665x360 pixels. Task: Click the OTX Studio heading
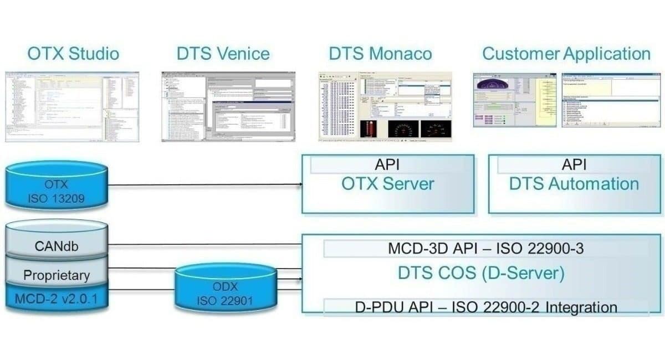pyautogui.click(x=73, y=54)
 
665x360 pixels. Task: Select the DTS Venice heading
pyautogui.click(x=223, y=54)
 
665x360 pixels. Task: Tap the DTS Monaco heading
pyautogui.click(x=380, y=54)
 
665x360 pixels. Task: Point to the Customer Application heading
pyautogui.click(x=566, y=54)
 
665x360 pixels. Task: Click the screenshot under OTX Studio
pyautogui.click(x=72, y=106)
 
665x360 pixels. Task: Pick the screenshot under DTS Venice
pyautogui.click(x=228, y=106)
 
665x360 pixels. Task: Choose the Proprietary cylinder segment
pyautogui.click(x=56, y=275)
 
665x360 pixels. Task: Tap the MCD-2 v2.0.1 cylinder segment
pyautogui.click(x=56, y=299)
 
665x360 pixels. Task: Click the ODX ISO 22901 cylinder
pyautogui.click(x=224, y=294)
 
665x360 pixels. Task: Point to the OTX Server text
pyautogui.click(x=387, y=184)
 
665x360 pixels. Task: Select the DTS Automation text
pyautogui.click(x=574, y=184)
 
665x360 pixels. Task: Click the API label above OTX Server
pyautogui.click(x=387, y=164)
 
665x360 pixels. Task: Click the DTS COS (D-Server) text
pyautogui.click(x=480, y=274)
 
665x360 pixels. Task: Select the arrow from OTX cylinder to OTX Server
pyautogui.click(x=205, y=184)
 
